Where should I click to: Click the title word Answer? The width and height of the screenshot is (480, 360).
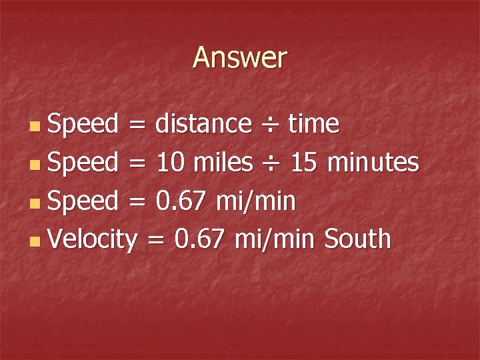[x=240, y=58]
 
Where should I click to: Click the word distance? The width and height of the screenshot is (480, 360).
[x=203, y=123]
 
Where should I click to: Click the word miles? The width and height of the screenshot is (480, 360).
[x=223, y=162]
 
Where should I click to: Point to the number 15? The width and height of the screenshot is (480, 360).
[x=304, y=162]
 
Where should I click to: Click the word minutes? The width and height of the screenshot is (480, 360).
[x=374, y=162]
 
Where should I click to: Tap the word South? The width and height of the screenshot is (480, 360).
[x=357, y=239]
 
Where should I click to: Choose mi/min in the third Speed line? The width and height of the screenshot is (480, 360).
[x=256, y=201]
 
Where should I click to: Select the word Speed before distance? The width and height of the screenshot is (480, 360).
[x=83, y=123]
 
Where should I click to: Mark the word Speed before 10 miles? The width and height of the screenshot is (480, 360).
[x=83, y=162]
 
